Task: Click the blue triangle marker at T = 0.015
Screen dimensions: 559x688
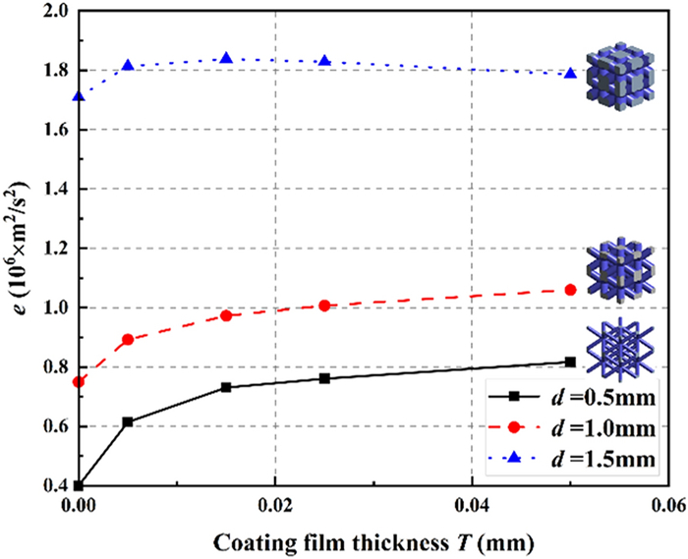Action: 226,58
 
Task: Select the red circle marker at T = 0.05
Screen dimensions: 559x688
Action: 571,289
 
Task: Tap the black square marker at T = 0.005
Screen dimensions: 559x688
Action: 128,421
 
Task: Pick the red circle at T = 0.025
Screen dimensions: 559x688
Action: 324,306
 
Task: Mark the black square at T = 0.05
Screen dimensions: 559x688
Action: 571,362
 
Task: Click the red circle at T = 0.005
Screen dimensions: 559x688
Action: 128,339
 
